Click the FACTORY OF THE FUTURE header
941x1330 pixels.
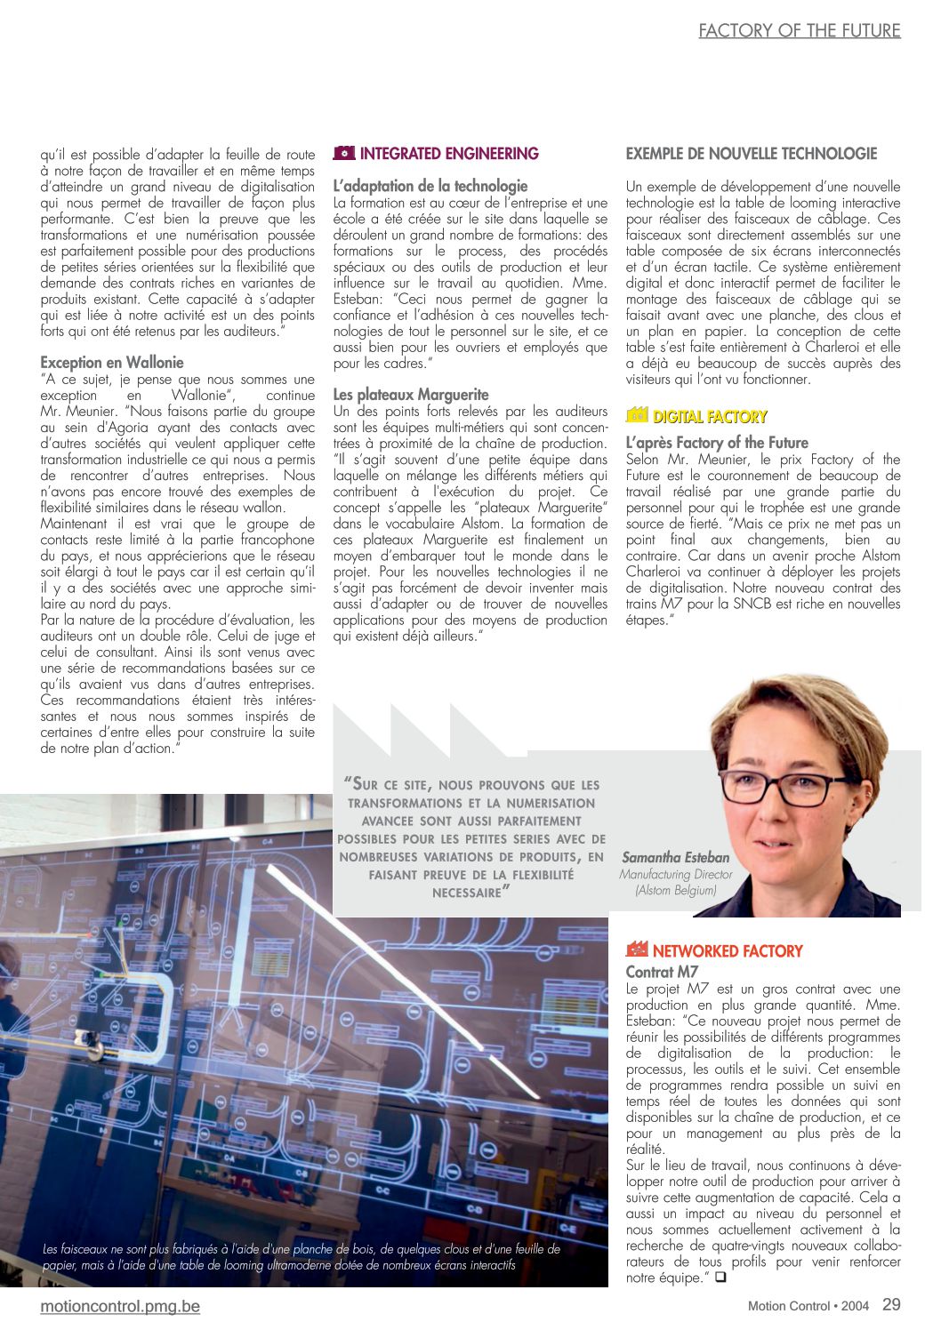pos(799,31)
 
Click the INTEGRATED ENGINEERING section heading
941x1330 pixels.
pos(449,154)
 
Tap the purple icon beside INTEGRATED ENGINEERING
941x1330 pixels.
pos(343,153)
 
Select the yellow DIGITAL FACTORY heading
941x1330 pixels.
pos(710,416)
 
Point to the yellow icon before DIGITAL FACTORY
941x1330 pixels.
pos(637,415)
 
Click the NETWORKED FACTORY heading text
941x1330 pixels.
pos(727,951)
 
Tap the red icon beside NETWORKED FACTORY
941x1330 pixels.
pos(637,949)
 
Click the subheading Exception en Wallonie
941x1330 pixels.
pos(112,362)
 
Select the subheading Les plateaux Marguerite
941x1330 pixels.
pos(411,394)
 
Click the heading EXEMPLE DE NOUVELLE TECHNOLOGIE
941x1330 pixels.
pos(751,154)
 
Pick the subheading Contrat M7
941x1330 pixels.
pos(662,972)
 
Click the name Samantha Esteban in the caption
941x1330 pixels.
pos(675,858)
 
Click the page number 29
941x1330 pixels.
pos(891,1304)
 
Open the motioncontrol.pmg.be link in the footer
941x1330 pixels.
pos(120,1306)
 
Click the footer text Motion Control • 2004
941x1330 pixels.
pos(808,1306)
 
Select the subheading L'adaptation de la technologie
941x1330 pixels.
pos(430,186)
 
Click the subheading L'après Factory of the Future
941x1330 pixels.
pos(717,442)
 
